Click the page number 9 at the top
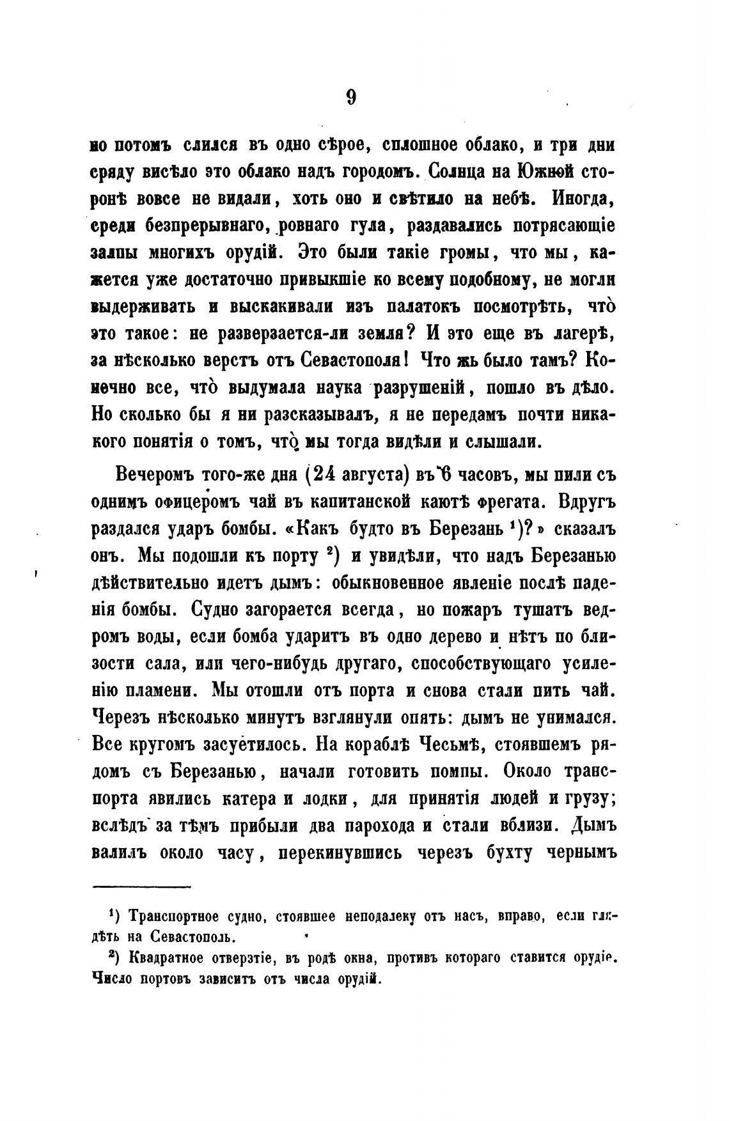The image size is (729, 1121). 351,97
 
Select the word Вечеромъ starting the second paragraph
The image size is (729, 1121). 153,476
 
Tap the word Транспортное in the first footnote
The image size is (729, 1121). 176,918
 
